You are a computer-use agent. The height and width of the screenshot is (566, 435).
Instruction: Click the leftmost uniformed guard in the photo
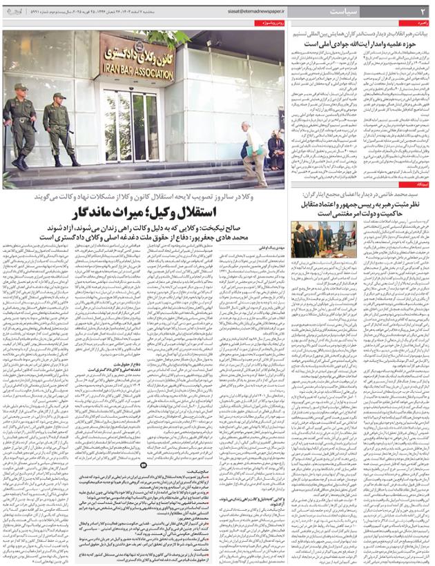tap(19, 124)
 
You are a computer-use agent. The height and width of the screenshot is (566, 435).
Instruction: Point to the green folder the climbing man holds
tap(253, 150)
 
